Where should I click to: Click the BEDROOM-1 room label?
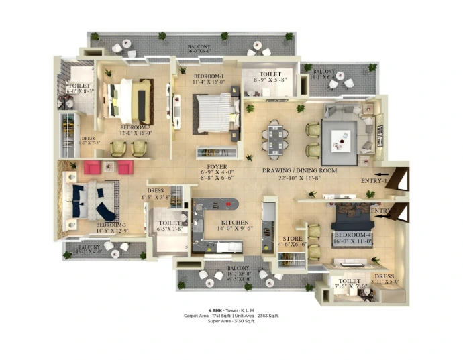click(209, 76)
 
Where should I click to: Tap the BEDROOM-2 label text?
click(135, 126)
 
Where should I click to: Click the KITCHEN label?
click(233, 222)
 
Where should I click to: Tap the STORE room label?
click(292, 238)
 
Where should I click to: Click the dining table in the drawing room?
click(276, 138)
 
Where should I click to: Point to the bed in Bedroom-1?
click(213, 109)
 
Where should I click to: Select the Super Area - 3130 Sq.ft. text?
click(231, 322)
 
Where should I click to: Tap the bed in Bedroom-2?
click(129, 101)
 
